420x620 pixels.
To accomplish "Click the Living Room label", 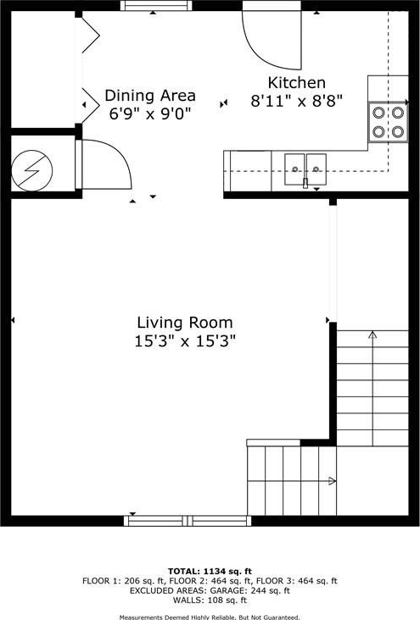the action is [x=185, y=323].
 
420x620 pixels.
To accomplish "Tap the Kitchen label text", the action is [x=297, y=83].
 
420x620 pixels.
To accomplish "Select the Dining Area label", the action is [x=150, y=96].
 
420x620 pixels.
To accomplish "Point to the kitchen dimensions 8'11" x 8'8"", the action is [x=296, y=102].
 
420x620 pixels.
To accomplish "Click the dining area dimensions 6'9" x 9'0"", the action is [x=150, y=113].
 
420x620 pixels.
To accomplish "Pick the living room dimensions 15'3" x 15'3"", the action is [x=185, y=340].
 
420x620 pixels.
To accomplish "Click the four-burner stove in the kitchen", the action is [x=388, y=122].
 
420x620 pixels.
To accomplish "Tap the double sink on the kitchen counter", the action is [x=305, y=169].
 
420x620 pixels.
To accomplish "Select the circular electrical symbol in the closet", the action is [x=31, y=170].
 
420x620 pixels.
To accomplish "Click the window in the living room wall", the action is [x=188, y=521].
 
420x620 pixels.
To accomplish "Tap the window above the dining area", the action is [x=156, y=5].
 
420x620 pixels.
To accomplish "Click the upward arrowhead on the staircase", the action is [x=372, y=335].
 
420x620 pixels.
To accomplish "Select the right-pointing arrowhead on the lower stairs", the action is [x=332, y=481].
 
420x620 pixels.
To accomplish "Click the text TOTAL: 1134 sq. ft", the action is [x=210, y=571].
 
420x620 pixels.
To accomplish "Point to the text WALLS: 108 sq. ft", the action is [x=210, y=601].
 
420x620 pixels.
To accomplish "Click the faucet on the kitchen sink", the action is [x=305, y=183].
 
